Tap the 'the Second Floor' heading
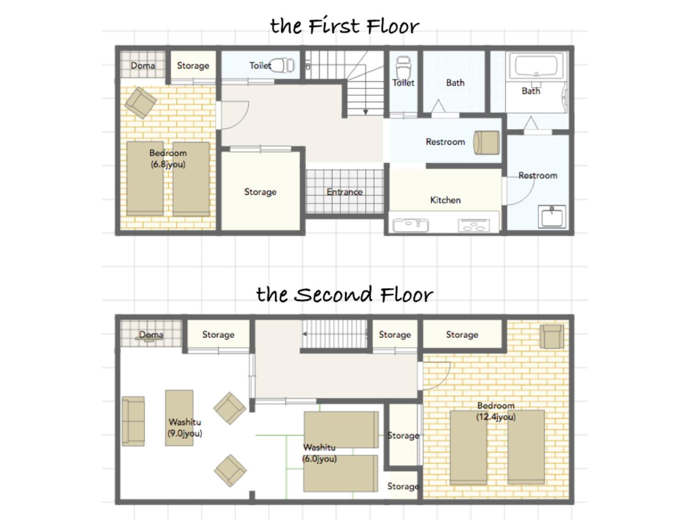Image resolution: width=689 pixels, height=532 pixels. point(344,294)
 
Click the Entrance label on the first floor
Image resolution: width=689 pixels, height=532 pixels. point(344,192)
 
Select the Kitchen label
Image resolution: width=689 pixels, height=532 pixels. point(445,200)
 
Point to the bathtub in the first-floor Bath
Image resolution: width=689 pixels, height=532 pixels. point(536,66)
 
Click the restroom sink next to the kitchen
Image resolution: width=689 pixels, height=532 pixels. point(552,217)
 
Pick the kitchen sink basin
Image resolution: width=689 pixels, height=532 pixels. point(410,225)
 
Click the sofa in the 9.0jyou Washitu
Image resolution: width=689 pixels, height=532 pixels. point(133,421)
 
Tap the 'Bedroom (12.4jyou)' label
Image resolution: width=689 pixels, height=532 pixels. point(496,411)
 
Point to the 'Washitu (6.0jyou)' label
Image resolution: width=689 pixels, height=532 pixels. point(319,453)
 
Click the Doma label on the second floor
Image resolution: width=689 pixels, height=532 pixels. point(151,334)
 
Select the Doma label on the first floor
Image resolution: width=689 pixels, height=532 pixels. point(143,66)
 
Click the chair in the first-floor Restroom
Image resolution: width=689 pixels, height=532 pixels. point(486,143)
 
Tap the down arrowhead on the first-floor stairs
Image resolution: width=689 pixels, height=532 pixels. point(365,112)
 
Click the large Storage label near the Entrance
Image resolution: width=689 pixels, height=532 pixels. point(260,192)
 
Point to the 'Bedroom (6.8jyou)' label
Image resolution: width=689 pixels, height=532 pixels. point(168,159)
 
